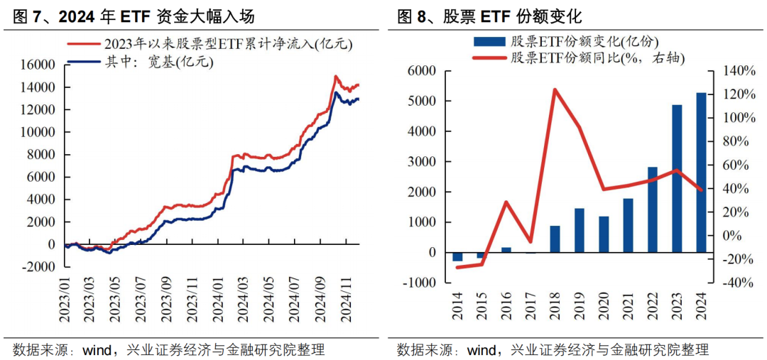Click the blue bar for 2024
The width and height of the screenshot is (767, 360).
[x=700, y=173]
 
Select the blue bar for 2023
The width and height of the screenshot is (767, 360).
[x=677, y=179]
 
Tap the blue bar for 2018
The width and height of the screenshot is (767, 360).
[x=555, y=239]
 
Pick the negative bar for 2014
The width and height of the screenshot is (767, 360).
[x=457, y=256]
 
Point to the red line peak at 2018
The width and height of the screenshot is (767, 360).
[x=555, y=89]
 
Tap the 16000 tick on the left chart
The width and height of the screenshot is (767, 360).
[x=39, y=65]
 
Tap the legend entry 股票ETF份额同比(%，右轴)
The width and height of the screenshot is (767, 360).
[x=597, y=58]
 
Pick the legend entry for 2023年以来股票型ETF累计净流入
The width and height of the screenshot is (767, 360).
[x=227, y=44]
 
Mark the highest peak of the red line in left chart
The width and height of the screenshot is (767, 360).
[x=334, y=76]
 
